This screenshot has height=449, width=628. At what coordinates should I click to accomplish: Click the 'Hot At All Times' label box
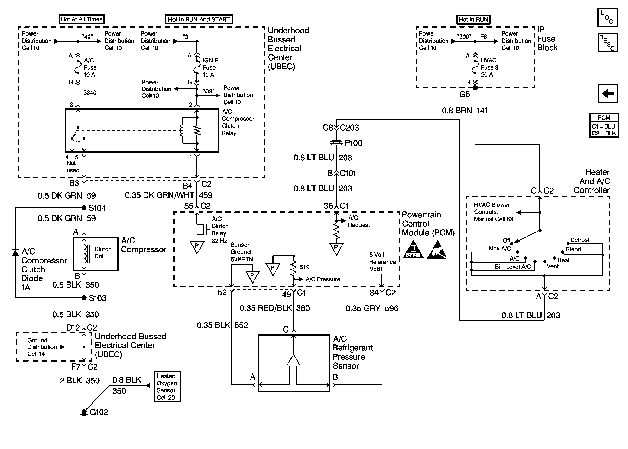(x=82, y=19)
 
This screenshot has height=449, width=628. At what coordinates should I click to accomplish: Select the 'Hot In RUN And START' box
(x=198, y=19)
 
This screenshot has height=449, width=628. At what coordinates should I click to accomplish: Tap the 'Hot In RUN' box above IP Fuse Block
(x=473, y=19)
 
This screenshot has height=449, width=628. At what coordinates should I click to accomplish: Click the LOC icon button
(x=607, y=18)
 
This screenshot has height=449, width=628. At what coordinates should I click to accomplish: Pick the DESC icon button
(x=607, y=43)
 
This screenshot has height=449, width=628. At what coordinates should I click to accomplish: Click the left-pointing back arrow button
(x=607, y=94)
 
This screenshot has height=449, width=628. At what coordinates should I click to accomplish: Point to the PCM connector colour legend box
(x=604, y=125)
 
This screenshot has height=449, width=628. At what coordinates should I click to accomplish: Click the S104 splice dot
(x=84, y=208)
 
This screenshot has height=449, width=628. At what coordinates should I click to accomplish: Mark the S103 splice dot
(x=84, y=298)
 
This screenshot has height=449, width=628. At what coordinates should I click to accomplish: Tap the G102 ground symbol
(x=84, y=412)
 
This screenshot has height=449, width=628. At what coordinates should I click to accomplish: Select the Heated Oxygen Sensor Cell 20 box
(x=167, y=387)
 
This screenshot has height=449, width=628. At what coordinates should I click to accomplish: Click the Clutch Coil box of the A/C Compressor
(x=95, y=254)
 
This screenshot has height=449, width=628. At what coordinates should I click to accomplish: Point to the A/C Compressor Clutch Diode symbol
(x=15, y=252)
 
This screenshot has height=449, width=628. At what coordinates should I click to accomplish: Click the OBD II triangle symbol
(x=413, y=250)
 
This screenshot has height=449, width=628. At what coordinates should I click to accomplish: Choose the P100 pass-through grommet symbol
(x=336, y=143)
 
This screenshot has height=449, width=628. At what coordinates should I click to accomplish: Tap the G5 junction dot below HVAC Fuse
(x=475, y=88)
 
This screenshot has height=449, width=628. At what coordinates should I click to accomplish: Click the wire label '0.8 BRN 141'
(x=464, y=111)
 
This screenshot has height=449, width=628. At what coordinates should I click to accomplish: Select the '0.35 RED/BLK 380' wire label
(x=274, y=308)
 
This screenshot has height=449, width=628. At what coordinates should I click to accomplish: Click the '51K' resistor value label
(x=304, y=267)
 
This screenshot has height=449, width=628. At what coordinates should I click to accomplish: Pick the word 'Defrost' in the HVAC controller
(x=579, y=240)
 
